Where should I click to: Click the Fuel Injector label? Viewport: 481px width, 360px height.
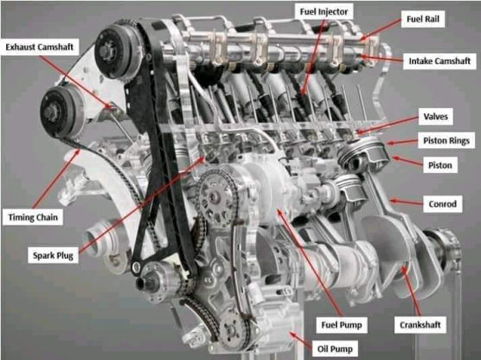tap(324, 12)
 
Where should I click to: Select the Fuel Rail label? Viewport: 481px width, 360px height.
tap(423, 19)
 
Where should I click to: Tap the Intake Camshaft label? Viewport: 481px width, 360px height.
tap(439, 61)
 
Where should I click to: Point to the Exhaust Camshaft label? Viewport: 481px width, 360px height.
tap(40, 47)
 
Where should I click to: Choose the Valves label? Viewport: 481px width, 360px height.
tap(436, 117)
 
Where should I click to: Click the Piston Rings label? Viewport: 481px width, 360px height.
tap(446, 140)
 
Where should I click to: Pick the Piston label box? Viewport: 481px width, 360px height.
tap(439, 165)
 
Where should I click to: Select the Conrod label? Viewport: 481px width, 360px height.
tap(442, 203)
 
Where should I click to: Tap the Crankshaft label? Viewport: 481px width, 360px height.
tap(420, 325)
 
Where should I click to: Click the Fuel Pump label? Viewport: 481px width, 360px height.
tap(342, 325)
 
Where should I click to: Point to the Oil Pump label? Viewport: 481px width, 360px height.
tap(335, 349)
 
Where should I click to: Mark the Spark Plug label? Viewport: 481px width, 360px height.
tap(53, 255)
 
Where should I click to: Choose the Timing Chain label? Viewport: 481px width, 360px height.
tap(33, 217)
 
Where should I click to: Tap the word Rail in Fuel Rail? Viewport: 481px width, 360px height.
tap(433, 19)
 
